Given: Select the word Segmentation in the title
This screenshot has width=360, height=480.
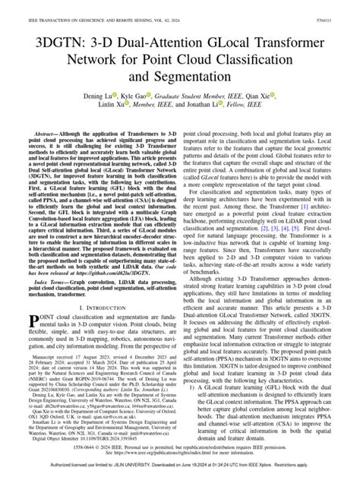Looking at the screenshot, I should [x=201, y=77].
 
